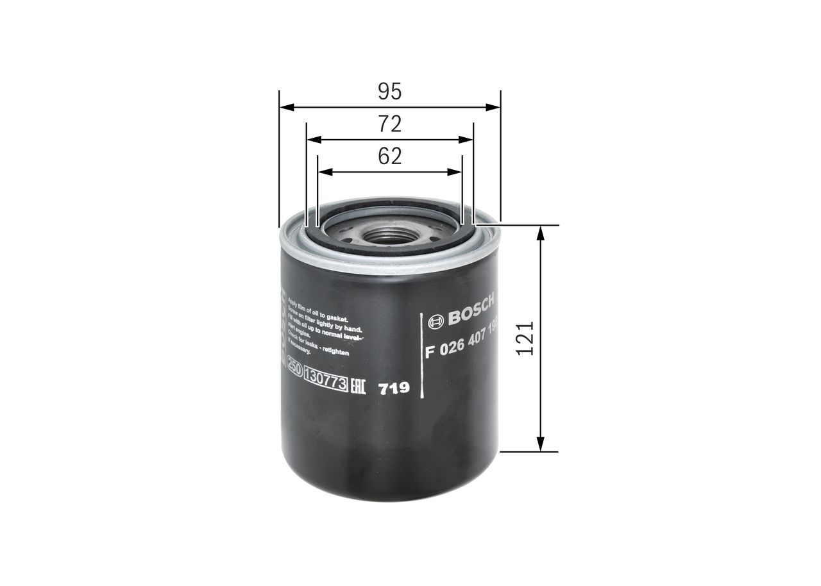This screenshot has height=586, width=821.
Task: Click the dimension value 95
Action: point(389,92)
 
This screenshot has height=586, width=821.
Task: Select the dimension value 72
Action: point(389,124)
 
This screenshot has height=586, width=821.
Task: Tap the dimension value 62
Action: point(389,156)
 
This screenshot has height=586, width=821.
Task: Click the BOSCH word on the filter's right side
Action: point(471,308)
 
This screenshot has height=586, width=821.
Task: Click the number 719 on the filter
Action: point(394,389)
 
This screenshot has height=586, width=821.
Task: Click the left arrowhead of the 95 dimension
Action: point(284,107)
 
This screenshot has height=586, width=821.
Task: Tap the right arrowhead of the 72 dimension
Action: point(468,140)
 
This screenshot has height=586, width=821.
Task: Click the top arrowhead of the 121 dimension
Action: point(541,231)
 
